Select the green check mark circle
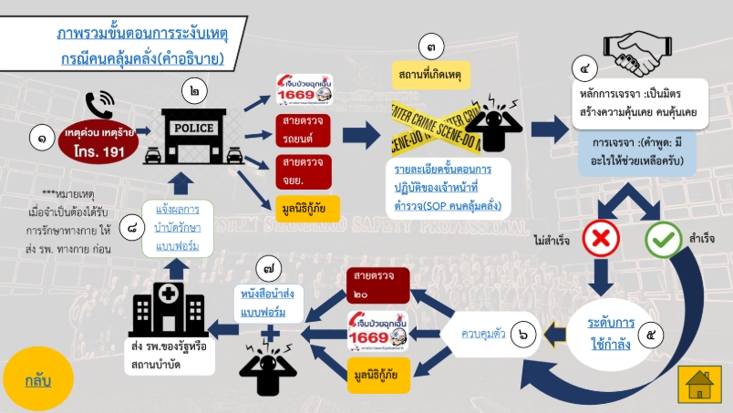663,239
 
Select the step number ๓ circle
431,46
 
